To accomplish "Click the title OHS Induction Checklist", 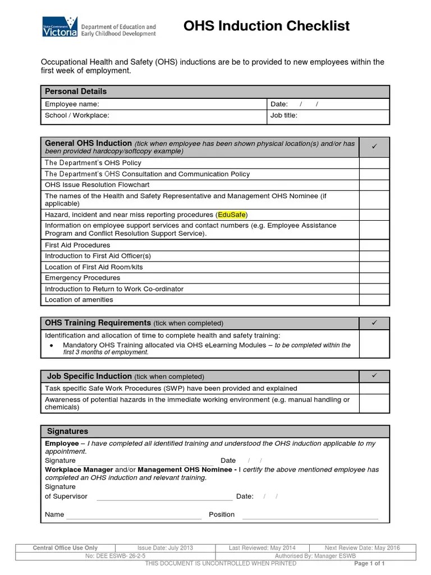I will point(267,26).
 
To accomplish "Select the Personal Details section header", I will point(76,92).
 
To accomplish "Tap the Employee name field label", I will point(72,104).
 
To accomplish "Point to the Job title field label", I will point(284,116).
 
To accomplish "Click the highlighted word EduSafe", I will point(232,215).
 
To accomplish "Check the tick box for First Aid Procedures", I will point(374,245).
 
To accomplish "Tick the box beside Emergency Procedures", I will point(374,278).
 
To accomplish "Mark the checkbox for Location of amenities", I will point(374,300).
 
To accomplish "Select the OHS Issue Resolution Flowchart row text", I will point(97,185).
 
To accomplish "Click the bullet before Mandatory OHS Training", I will point(52,345).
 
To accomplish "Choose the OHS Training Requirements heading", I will point(98,323).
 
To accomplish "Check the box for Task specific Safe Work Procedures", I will point(374,389).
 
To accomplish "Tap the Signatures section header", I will point(67,431).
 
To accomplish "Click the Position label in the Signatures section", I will point(222,514).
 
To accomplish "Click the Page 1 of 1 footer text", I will point(370,563).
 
